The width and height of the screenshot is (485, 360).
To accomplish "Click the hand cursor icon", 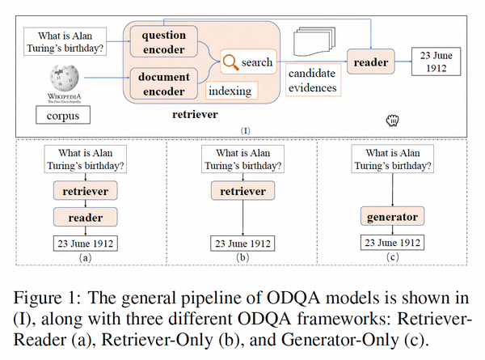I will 393,121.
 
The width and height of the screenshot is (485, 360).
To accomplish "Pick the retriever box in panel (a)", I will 86,191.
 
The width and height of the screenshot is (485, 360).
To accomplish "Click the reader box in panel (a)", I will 86,218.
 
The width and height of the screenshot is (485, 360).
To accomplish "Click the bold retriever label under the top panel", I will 195,115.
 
